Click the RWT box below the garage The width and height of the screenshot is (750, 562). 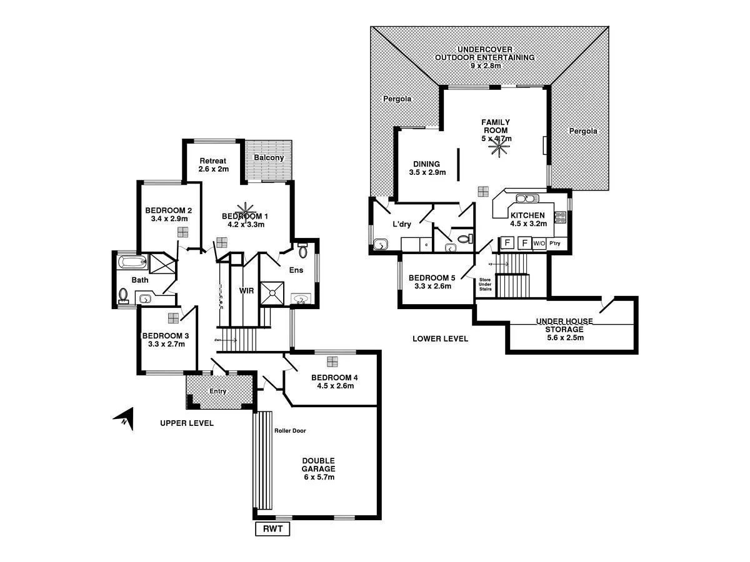click(273, 530)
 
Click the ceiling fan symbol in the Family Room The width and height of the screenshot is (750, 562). click(498, 147)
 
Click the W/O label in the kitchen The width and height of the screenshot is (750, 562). click(539, 243)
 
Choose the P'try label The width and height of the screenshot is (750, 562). click(555, 243)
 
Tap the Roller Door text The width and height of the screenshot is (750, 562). click(290, 431)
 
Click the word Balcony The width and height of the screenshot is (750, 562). click(268, 158)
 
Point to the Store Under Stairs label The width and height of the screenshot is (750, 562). click(485, 284)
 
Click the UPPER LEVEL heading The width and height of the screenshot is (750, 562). click(187, 423)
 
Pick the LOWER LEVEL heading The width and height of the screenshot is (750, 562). click(440, 339)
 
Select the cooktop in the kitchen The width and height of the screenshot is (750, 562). click(560, 217)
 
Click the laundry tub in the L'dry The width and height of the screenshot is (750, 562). click(379, 245)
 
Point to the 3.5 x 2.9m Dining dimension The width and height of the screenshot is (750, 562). click(427, 173)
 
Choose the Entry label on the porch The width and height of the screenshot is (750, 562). click(217, 392)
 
